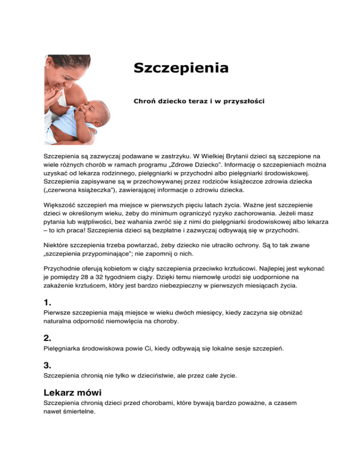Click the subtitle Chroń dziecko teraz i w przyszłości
(x=199, y=101)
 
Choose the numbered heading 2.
(x=47, y=338)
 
